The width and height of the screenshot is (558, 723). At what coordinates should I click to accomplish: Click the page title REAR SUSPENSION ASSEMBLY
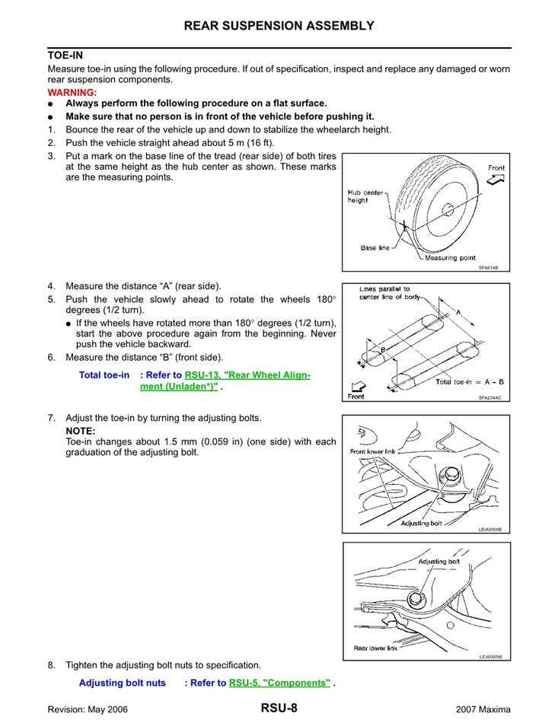click(279, 26)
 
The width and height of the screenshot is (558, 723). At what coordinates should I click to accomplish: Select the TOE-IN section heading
click(65, 56)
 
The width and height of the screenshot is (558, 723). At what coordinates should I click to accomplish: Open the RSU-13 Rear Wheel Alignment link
click(247, 376)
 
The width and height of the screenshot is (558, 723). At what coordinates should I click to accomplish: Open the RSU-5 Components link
click(279, 683)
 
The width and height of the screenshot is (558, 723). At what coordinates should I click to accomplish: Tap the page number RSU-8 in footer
click(279, 709)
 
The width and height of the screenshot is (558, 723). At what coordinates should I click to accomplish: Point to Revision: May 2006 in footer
click(88, 709)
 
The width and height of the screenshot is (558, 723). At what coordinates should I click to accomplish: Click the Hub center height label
click(365, 196)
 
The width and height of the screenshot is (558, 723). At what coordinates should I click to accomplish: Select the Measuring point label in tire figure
click(450, 258)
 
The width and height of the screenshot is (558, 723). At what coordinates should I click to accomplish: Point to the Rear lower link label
click(376, 648)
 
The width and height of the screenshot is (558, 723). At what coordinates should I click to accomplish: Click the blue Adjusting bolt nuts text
click(122, 683)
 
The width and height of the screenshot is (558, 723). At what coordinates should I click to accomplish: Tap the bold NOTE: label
click(81, 431)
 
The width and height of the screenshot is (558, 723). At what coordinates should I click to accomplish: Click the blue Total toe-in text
click(104, 376)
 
